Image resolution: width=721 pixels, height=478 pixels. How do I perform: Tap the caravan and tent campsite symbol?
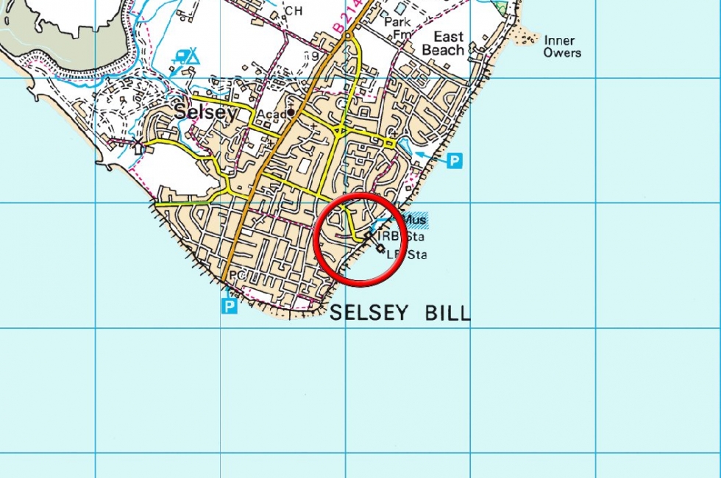click(185, 57)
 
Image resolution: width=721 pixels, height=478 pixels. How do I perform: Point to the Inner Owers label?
click(562, 46)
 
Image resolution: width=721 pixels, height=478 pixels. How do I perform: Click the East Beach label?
click(443, 43)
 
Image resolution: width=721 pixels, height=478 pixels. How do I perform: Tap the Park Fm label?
click(398, 27)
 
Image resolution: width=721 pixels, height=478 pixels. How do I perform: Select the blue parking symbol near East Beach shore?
click(455, 160)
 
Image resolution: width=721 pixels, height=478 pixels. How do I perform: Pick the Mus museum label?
click(415, 219)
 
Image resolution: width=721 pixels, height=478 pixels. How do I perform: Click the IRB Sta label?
click(402, 237)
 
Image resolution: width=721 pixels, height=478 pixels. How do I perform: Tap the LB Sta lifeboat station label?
click(407, 255)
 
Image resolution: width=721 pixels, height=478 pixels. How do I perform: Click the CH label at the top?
click(294, 10)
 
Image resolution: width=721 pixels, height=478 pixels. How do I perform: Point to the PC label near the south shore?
click(236, 275)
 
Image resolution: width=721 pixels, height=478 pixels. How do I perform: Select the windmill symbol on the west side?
click(138, 145)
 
